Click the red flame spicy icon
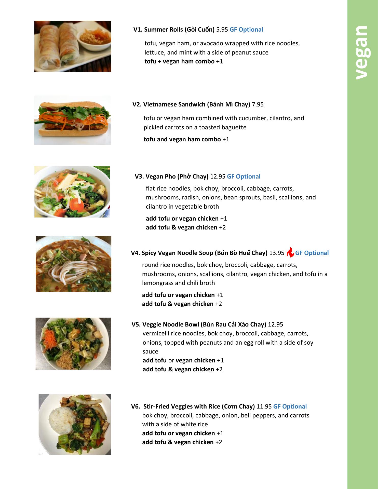(290, 252)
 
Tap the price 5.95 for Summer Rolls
(222, 30)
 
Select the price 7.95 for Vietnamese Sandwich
(258, 104)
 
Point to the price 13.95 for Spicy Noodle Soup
(277, 253)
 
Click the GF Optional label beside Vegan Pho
(244, 176)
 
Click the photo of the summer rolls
(73, 46)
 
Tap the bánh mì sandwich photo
(72, 120)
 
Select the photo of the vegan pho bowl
(72, 192)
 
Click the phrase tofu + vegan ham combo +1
(184, 61)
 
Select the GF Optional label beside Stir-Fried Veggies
(290, 406)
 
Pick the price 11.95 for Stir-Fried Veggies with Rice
(264, 406)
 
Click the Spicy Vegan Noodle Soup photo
(73, 264)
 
